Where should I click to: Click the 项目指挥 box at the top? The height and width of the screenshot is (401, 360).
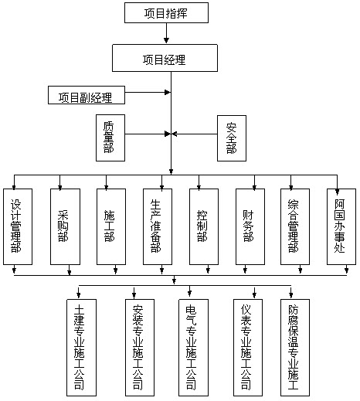click(166, 13)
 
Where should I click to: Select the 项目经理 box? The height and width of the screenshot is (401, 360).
click(165, 58)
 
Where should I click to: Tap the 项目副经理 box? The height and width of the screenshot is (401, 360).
click(87, 95)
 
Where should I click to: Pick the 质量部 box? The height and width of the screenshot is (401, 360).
click(110, 138)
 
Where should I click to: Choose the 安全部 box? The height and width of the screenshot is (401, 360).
click(232, 138)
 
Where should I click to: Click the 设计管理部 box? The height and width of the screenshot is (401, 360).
click(18, 226)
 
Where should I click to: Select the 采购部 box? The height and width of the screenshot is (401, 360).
click(65, 226)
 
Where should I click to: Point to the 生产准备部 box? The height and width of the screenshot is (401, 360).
click(158, 226)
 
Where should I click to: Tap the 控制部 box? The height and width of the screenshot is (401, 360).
click(204, 226)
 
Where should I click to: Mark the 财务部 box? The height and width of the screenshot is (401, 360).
click(250, 226)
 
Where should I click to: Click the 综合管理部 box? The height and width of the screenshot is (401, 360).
click(295, 226)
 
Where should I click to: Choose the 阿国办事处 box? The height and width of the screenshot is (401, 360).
click(341, 226)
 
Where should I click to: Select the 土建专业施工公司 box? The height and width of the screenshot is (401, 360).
click(82, 348)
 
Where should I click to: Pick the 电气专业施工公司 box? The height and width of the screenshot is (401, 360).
click(194, 348)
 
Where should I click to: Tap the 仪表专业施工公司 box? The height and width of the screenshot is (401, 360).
click(248, 348)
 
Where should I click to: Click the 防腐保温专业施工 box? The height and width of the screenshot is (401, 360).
click(295, 348)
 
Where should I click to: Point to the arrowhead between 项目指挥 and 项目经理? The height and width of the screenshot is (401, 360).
click(166, 40)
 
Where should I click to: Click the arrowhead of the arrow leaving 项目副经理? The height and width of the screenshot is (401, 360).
click(168, 92)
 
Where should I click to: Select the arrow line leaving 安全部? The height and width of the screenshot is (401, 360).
click(195, 134)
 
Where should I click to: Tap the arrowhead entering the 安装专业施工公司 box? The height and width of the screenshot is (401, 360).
click(134, 296)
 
